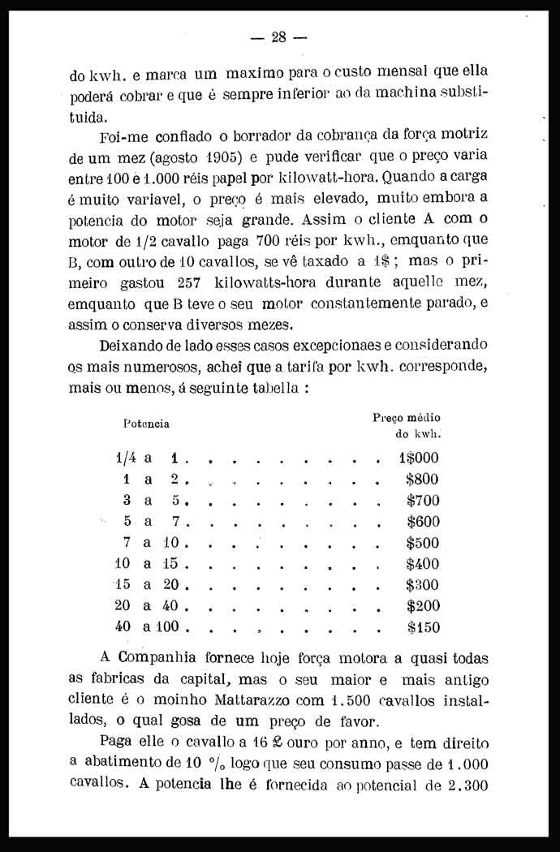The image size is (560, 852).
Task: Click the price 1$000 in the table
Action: [x=418, y=458]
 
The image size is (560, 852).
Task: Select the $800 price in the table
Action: [x=422, y=480]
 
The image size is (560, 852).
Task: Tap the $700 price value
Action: [x=423, y=501]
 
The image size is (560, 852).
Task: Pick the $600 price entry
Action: [x=423, y=522]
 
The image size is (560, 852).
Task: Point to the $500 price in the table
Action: [x=423, y=543]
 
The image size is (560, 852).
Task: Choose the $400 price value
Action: [x=423, y=564]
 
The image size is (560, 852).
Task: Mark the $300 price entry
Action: [x=423, y=585]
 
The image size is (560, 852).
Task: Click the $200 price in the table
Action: [x=423, y=606]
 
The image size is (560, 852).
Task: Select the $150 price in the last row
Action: [x=423, y=627]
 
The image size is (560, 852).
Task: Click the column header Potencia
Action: [x=146, y=424]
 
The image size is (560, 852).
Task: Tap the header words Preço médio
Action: [x=407, y=417]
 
